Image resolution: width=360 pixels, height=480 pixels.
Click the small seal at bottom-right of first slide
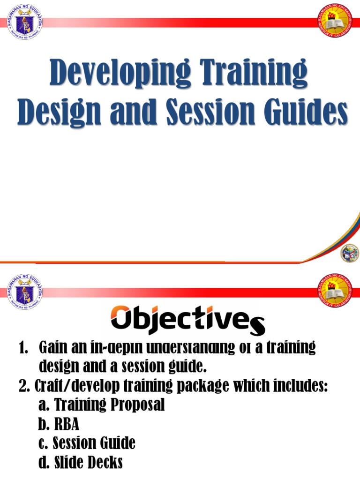coord(350,253)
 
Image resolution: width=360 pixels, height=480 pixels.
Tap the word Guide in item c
coord(119,443)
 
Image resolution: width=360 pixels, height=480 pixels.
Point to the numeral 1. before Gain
coord(23,348)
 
